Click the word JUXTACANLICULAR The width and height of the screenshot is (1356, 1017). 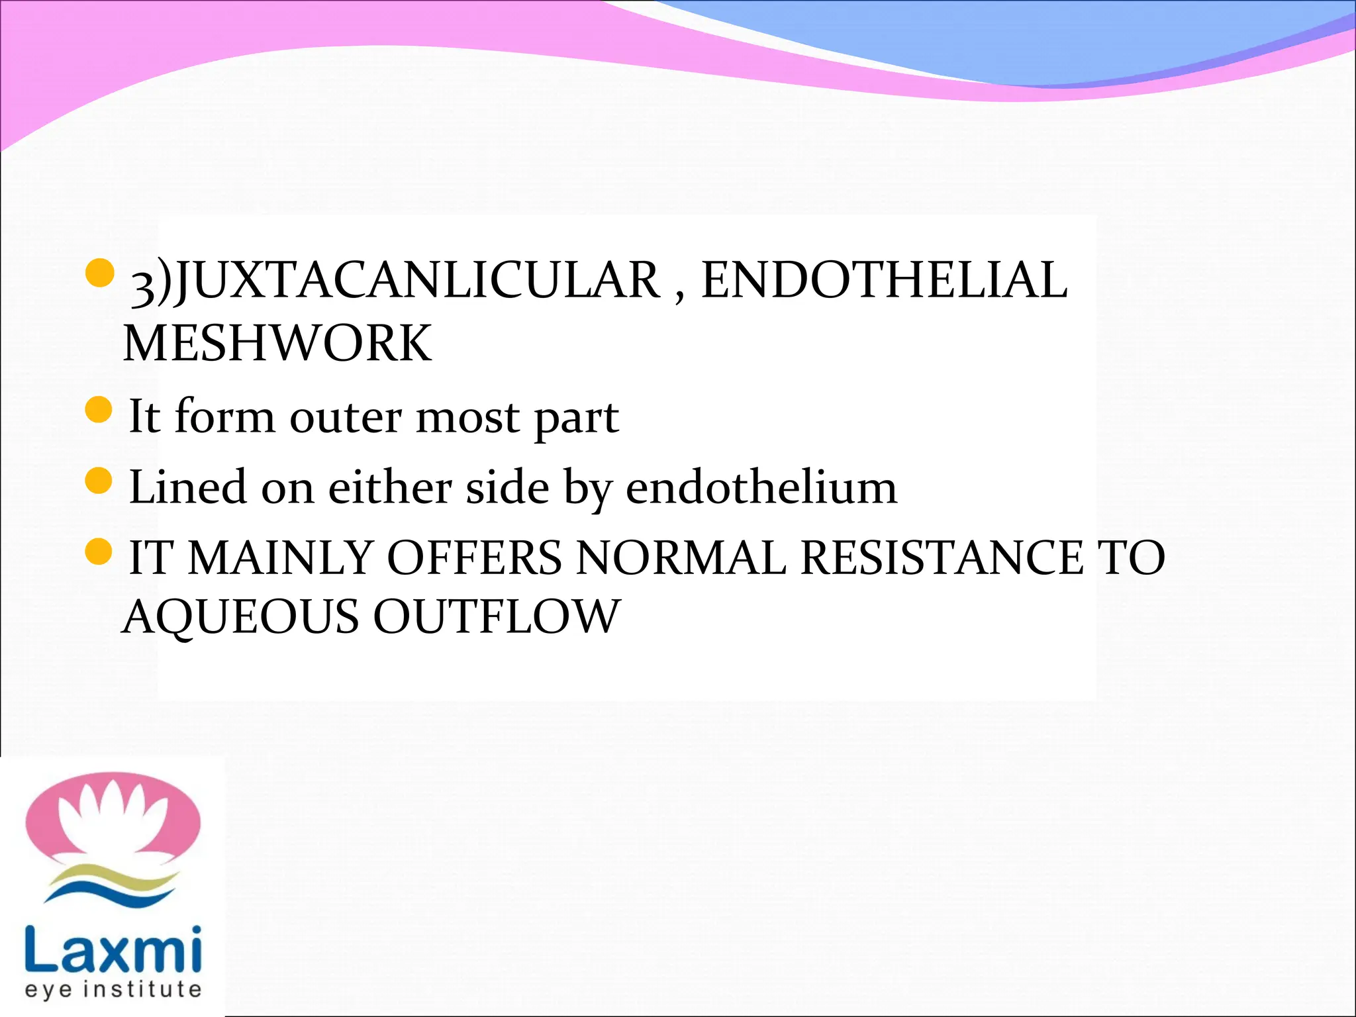pos(417,281)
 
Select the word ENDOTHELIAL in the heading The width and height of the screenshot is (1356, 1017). pos(884,281)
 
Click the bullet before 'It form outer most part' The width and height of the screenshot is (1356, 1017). pos(99,410)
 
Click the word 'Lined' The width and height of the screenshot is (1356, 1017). pos(187,487)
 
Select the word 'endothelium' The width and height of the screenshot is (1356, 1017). pos(761,487)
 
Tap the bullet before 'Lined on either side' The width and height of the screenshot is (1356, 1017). pos(99,480)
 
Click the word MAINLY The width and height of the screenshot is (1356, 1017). pos(280,557)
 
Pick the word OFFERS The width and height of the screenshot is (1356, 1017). pos(474,557)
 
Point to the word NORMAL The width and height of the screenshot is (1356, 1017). pos(681,557)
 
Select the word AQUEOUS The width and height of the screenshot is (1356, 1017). pos(240,617)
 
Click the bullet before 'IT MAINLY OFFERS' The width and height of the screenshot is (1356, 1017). pos(99,551)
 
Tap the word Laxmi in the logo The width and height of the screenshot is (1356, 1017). pos(113,947)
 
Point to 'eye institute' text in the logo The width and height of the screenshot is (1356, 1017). pos(113,989)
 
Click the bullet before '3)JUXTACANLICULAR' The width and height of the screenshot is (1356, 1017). pos(100,273)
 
